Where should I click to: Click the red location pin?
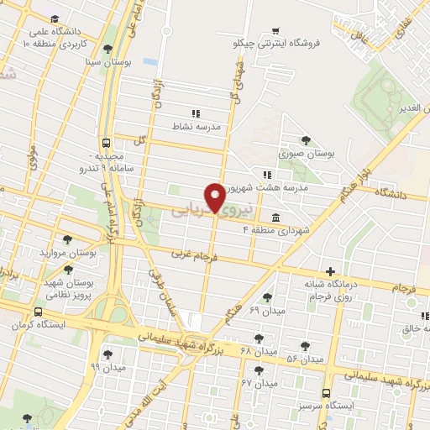click(x=215, y=197)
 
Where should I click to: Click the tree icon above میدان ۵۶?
click(x=305, y=344)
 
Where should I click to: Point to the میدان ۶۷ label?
click(x=259, y=383)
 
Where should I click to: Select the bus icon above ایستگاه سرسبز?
click(x=327, y=391)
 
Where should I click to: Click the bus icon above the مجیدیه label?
click(x=106, y=143)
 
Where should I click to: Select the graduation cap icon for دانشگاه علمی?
click(x=55, y=18)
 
